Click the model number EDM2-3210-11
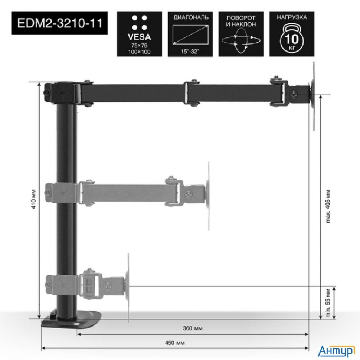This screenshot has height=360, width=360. (x=57, y=23)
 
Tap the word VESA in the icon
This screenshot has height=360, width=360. (x=140, y=37)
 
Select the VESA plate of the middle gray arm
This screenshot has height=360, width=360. (x=208, y=195)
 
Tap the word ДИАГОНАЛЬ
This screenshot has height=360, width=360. (x=191, y=17)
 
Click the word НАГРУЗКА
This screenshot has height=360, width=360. (x=292, y=17)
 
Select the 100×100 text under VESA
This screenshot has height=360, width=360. (x=140, y=52)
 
